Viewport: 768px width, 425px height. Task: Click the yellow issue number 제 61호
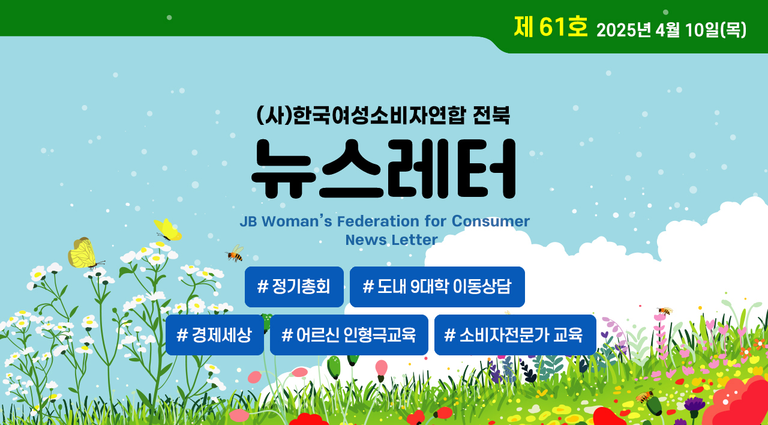551,27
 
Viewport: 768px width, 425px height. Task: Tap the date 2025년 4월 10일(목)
671,30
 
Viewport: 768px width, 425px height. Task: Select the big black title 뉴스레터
383,169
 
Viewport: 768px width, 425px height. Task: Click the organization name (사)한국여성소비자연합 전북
383,115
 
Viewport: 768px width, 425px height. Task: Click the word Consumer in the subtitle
491,221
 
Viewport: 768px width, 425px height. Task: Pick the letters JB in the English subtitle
248,222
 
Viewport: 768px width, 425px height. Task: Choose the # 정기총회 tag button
294,287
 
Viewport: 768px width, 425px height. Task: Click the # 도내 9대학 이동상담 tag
437,287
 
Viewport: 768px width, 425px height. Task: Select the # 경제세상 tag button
215,335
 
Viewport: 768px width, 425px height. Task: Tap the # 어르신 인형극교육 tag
349,335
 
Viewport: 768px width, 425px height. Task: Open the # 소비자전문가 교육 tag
515,335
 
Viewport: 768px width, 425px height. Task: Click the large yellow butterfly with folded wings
84,253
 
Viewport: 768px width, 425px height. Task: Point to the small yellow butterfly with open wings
167,230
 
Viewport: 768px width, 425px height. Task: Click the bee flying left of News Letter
235,253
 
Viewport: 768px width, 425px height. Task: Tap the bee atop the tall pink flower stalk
665,311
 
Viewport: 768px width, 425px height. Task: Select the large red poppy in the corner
737,402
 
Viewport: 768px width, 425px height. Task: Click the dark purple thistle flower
695,404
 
